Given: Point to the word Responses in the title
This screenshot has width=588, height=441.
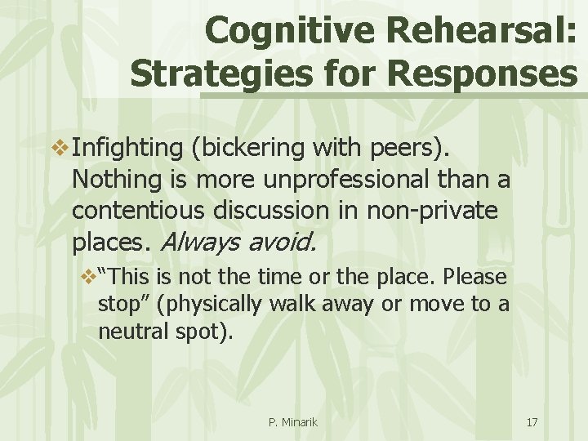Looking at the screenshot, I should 483,73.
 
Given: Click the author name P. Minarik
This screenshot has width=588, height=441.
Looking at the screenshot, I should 292,422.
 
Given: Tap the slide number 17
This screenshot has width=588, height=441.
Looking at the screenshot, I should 532,422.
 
